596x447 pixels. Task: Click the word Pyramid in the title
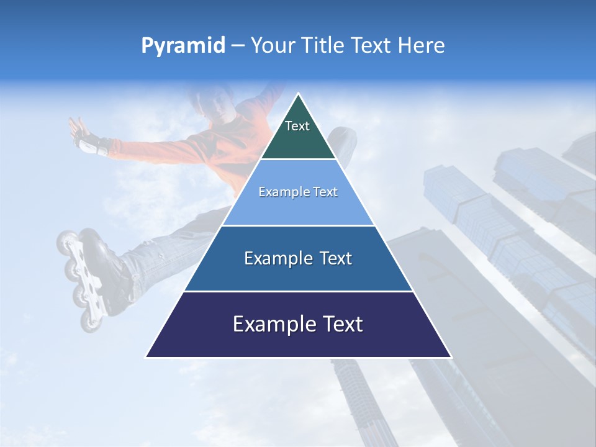pyautogui.click(x=183, y=46)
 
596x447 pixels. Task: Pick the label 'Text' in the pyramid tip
pyautogui.click(x=297, y=126)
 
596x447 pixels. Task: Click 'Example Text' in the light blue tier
pyautogui.click(x=298, y=192)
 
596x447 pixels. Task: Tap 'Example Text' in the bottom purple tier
pyautogui.click(x=298, y=324)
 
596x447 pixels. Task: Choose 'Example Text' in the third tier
pyautogui.click(x=298, y=258)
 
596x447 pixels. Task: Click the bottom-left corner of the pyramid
pyautogui.click(x=147, y=357)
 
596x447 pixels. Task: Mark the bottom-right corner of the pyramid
pyautogui.click(x=451, y=357)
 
